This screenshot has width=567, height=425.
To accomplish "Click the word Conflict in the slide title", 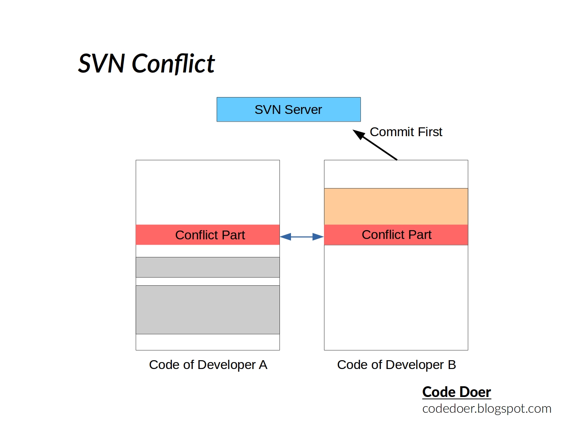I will click(173, 64).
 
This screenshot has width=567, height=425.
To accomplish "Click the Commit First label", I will click(406, 132).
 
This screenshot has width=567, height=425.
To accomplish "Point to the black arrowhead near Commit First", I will click(359, 134).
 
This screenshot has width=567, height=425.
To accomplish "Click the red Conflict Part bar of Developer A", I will click(208, 235).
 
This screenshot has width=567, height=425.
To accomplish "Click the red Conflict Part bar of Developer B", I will click(396, 235).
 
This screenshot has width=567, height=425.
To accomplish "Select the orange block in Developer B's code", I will click(396, 206).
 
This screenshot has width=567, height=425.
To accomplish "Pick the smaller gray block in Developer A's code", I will click(208, 267).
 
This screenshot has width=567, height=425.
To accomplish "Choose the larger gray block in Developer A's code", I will click(208, 310).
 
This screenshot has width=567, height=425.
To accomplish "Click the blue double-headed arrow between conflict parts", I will click(302, 237).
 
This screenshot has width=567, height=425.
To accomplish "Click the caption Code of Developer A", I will click(208, 365).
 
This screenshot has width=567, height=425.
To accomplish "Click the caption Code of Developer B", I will click(396, 365).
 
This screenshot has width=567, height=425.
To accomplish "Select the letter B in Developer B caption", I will click(452, 365).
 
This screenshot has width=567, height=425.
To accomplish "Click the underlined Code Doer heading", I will click(456, 392).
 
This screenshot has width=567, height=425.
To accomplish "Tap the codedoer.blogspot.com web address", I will click(486, 409).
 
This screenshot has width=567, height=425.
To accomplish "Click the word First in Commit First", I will click(430, 132).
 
